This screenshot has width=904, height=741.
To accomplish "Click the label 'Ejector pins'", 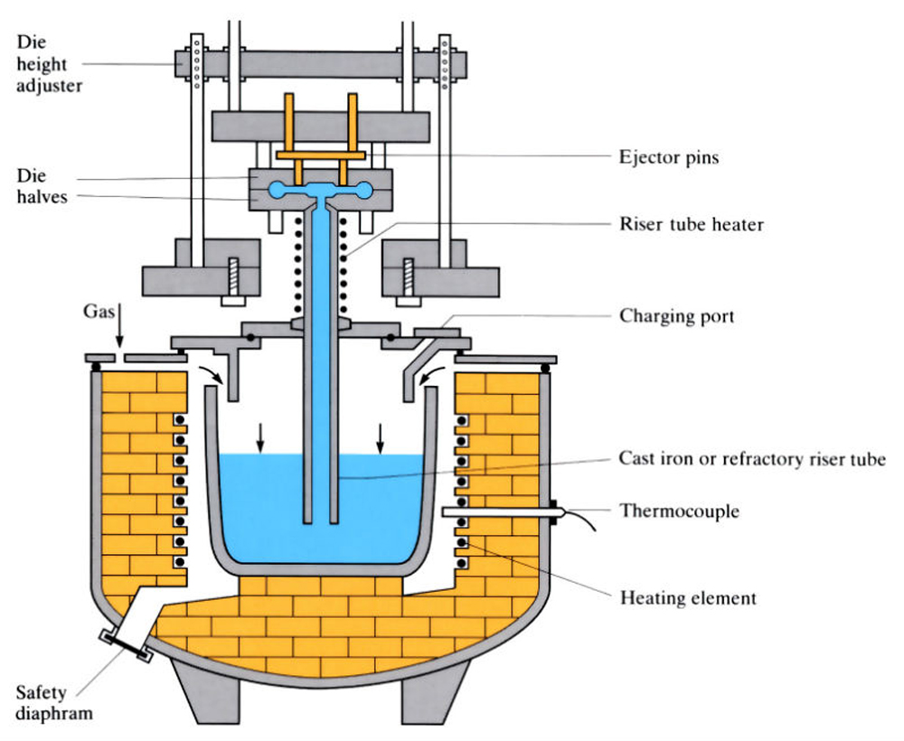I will (669, 157).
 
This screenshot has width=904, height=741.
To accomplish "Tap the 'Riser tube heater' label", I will (691, 224).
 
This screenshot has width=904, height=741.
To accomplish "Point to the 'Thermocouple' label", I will (679, 511).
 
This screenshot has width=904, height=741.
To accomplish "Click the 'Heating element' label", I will (688, 598).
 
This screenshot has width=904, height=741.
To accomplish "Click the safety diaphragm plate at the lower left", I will (124, 644).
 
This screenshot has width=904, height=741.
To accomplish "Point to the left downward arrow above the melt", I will (260, 437).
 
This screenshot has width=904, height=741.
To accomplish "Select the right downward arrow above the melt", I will (381, 437).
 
